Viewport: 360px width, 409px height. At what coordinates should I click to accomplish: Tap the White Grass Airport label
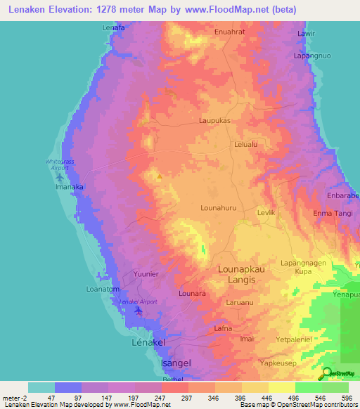[58, 165]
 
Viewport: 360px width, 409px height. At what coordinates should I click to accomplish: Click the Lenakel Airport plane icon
[139, 310]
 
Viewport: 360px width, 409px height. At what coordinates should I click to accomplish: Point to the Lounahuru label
[217, 208]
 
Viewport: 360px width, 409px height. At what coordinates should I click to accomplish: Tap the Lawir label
[305, 34]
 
